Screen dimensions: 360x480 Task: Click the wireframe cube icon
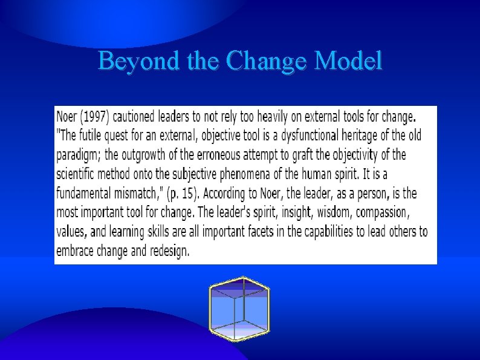(239, 308)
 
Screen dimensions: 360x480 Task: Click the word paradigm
(78, 155)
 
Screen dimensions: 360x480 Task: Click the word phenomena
(244, 174)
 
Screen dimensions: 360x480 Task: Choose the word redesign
(168, 250)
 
